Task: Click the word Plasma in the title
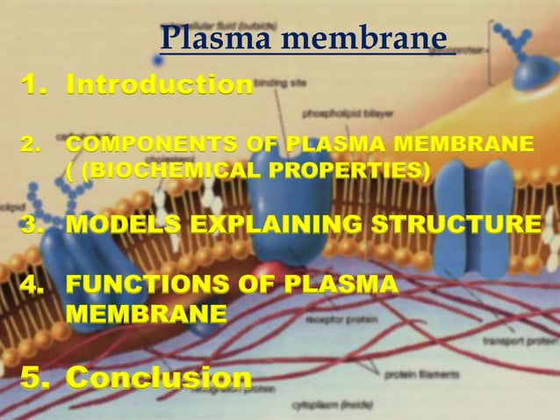(x=205, y=38)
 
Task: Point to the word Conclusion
(x=159, y=378)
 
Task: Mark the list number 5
(x=32, y=378)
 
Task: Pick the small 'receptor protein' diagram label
(x=332, y=320)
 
